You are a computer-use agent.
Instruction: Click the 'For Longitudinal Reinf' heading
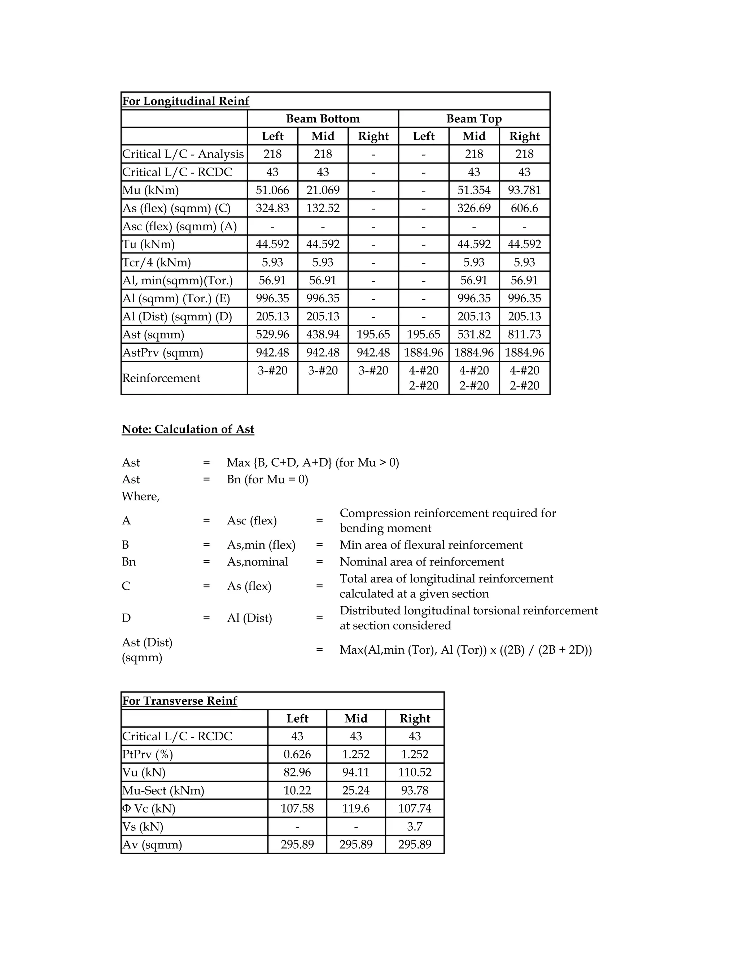point(185,101)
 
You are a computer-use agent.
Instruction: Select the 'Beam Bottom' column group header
point(323,119)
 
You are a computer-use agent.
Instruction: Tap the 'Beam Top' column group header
point(474,119)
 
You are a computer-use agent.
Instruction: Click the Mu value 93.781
point(524,190)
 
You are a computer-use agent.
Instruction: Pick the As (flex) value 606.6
point(524,208)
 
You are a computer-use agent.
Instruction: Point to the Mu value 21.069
point(323,190)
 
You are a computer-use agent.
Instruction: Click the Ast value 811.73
point(524,334)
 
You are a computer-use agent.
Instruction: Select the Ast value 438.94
point(323,334)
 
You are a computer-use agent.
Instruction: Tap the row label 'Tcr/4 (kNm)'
point(156,263)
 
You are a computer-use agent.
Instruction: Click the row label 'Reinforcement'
point(161,378)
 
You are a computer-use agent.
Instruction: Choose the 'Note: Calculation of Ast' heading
point(188,429)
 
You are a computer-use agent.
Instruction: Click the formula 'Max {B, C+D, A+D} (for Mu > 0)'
point(312,463)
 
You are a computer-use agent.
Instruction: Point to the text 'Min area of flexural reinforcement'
point(431,545)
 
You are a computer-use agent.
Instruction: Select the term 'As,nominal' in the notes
point(257,562)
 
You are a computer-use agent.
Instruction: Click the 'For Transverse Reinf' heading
point(179,701)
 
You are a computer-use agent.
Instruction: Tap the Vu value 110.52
point(414,772)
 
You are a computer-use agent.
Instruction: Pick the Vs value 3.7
point(414,826)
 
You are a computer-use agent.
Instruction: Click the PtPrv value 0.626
point(297,754)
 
